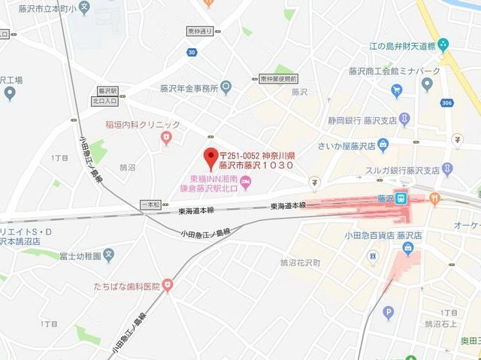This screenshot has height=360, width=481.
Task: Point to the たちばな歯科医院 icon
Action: pos(167,286)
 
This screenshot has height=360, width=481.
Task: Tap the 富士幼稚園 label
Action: pos(80,256)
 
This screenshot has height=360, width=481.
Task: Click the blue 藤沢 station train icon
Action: pos(402,199)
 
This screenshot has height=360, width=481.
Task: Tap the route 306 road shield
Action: pos(449,104)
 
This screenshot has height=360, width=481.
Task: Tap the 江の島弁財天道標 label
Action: pos(398,46)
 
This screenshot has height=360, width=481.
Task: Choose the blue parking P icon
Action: pos(389,313)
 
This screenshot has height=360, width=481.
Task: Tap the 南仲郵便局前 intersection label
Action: pos(279,78)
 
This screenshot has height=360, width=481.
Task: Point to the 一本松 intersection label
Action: pos(151,205)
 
